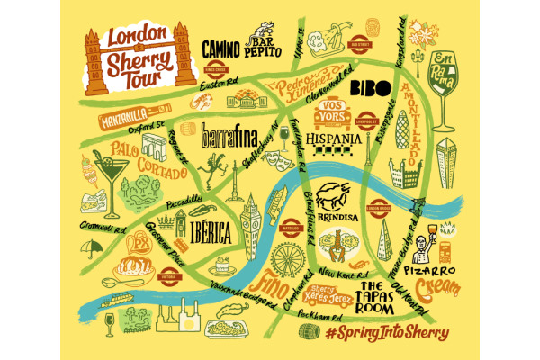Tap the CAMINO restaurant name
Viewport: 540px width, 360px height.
click(220, 48)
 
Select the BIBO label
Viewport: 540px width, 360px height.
click(366, 87)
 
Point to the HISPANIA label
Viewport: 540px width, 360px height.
click(335, 140)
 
